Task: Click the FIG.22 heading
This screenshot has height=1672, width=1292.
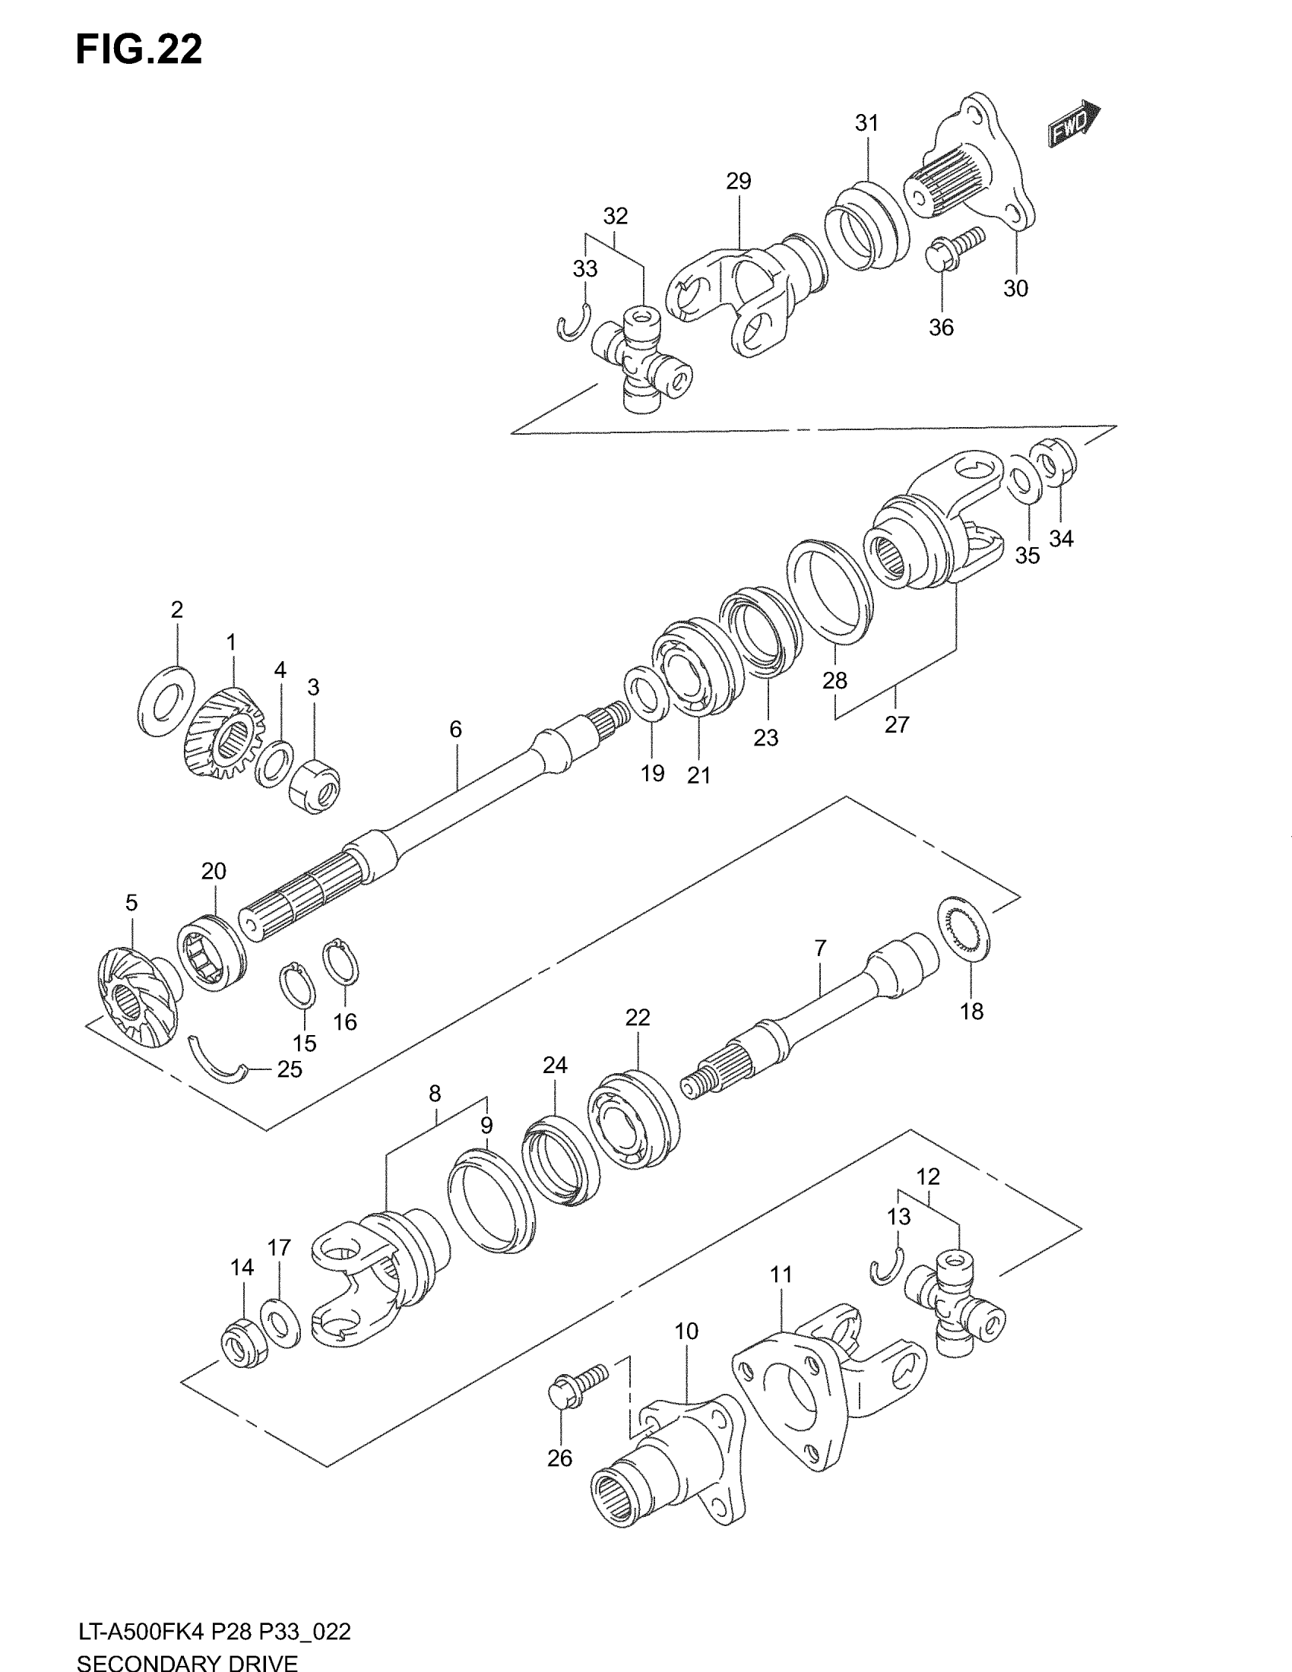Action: pyautogui.click(x=138, y=49)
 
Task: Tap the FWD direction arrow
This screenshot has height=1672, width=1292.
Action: pyautogui.click(x=1075, y=124)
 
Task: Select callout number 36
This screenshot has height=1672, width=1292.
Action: pyautogui.click(x=941, y=328)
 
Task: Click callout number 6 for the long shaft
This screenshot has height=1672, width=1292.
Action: pyautogui.click(x=455, y=730)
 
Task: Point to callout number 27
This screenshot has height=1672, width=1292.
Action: pyautogui.click(x=896, y=724)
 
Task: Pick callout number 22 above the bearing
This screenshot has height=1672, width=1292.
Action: pyautogui.click(x=637, y=1018)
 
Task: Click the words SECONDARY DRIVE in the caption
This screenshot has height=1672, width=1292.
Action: pyautogui.click(x=187, y=1663)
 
